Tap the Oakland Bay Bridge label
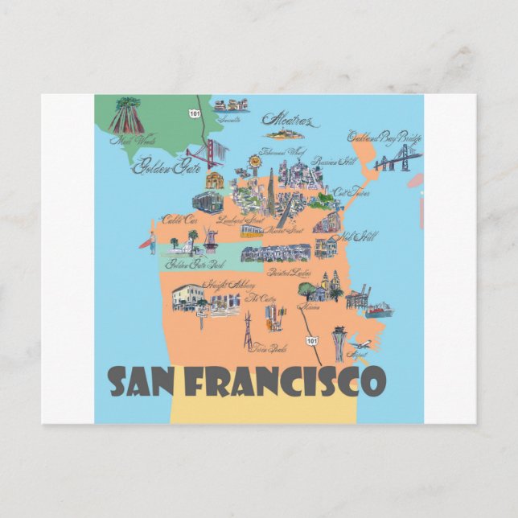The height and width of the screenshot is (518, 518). (x=384, y=138)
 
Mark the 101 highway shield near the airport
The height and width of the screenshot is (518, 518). (x=311, y=342)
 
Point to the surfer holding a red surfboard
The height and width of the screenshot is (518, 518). (x=151, y=241)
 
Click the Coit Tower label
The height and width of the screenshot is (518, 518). (x=351, y=193)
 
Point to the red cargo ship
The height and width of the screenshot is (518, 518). (x=378, y=310)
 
